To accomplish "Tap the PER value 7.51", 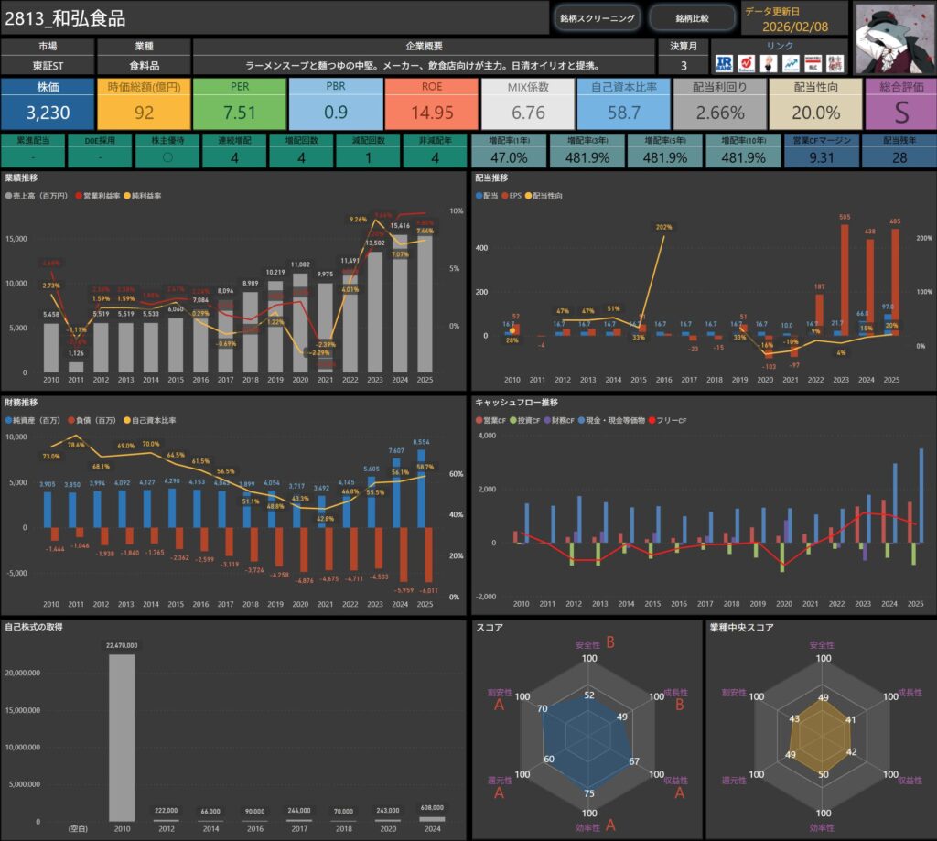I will point(240,113).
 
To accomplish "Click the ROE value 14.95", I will point(432,113).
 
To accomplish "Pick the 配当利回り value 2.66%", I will point(720,113).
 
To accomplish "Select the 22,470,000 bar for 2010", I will point(122,737).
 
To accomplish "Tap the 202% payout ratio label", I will point(663,228).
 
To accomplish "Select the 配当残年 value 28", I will point(899,157).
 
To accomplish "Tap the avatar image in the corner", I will point(893,36).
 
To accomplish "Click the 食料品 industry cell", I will point(144,66).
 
